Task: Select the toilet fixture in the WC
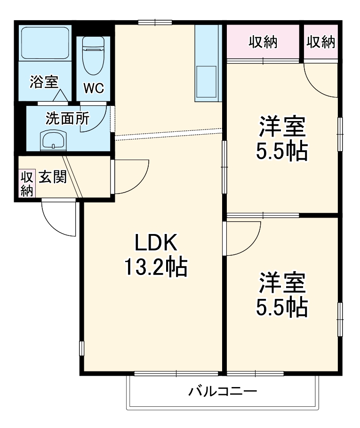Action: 93,56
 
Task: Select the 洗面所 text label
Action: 67,118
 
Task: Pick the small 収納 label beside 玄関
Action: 26,184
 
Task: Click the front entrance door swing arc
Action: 59,219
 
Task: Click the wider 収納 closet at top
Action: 263,42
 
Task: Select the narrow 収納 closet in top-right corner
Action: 320,42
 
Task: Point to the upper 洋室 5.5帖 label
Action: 282,139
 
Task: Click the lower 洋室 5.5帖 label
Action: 282,294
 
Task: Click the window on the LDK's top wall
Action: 155,22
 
